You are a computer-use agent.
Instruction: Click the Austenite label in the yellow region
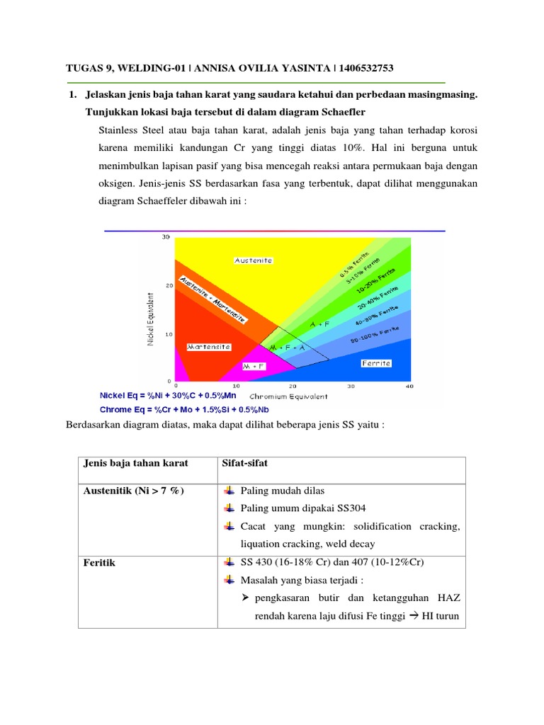coord(253,261)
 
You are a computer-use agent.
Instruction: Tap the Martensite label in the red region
coord(209,347)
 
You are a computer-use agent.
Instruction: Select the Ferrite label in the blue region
coord(376,363)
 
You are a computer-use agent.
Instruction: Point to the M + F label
coord(253,367)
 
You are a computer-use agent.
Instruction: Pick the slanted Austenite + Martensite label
coord(213,299)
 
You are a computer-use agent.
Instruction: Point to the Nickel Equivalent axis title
coord(150,320)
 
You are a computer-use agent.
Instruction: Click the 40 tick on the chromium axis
coord(409,387)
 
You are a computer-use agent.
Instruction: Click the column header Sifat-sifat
coord(244,464)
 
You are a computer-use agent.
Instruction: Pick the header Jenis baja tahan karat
coord(136,464)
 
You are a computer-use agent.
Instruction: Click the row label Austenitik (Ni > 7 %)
coord(134,490)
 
